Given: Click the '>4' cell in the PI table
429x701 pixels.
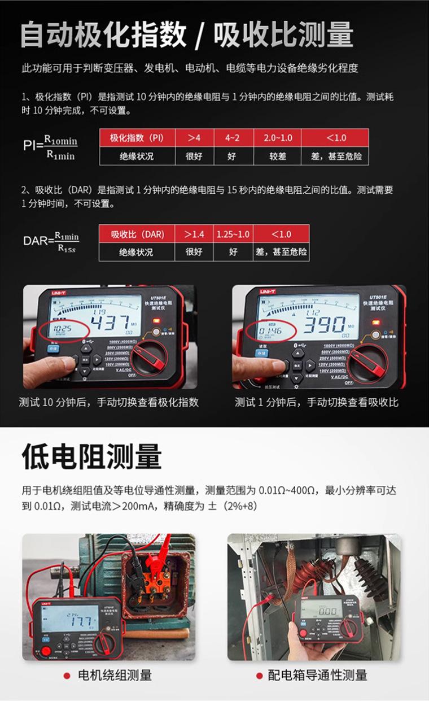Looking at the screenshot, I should click(x=194, y=138).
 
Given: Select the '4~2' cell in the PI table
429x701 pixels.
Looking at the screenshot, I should click(x=232, y=138).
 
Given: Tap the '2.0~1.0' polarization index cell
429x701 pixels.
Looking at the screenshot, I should click(x=278, y=138).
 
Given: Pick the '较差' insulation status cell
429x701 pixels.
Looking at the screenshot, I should click(x=278, y=156).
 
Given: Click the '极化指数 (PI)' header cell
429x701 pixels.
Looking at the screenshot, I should click(x=137, y=138).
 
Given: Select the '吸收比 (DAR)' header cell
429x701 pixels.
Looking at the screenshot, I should click(x=137, y=234).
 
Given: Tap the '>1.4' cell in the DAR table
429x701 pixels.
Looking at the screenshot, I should click(x=194, y=234).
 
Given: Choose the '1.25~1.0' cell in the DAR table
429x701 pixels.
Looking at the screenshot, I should click(x=233, y=234).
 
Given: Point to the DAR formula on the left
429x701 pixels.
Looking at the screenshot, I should click(x=51, y=242).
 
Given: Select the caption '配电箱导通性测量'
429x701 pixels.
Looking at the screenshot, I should click(x=317, y=675).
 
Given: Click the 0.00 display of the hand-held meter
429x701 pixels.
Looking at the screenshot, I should click(x=327, y=612).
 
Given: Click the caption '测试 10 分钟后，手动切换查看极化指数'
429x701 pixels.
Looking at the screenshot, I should click(x=109, y=402).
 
